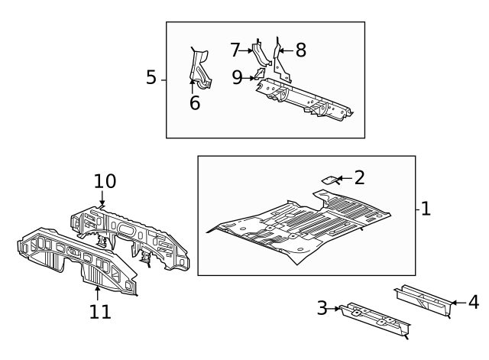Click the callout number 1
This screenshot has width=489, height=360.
tap(426, 208)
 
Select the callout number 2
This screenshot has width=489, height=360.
tap(359, 178)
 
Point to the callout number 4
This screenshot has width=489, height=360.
tap(473, 303)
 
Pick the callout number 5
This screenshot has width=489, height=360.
tap(151, 78)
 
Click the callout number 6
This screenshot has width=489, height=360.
tap(195, 102)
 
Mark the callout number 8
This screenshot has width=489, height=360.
tap(300, 50)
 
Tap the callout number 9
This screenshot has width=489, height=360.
tap(237, 76)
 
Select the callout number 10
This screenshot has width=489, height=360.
tap(105, 182)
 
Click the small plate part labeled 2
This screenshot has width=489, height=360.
tap(329, 180)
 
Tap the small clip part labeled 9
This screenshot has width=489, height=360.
tap(259, 75)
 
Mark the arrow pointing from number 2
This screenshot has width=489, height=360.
tap(342, 179)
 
